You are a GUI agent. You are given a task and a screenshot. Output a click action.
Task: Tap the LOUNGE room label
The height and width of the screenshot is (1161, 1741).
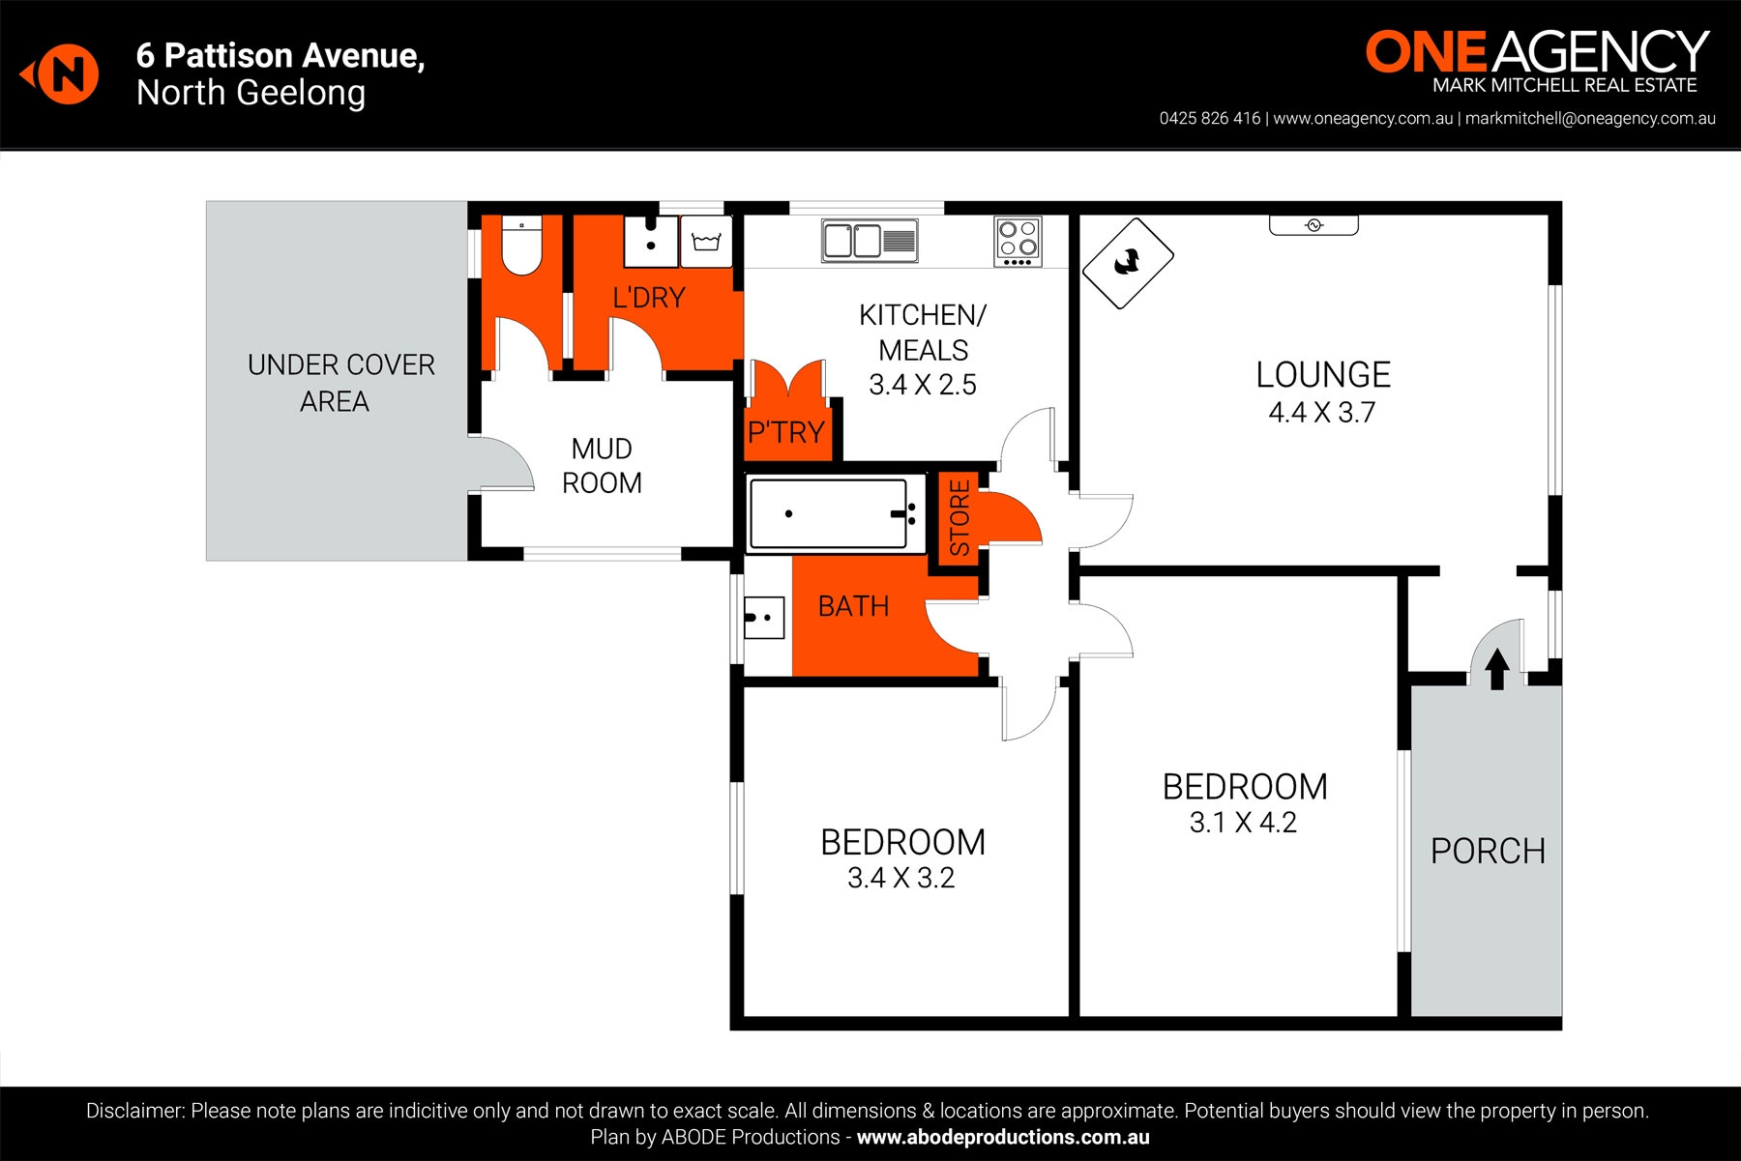[x=1323, y=375]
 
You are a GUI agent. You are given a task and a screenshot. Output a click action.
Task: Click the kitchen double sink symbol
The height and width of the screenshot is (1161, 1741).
[x=870, y=241]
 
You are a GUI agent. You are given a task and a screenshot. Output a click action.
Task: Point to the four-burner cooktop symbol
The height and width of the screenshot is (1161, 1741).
[x=1018, y=241]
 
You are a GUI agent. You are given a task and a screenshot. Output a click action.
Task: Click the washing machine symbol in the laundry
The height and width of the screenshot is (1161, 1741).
[x=706, y=242]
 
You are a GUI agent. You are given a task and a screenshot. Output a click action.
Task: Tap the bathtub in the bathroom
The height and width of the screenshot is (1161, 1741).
[x=829, y=513]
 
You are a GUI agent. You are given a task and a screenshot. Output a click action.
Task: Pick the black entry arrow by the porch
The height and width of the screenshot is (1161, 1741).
[x=1496, y=668]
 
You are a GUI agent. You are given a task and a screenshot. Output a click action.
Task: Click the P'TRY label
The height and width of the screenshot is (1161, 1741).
[x=785, y=432]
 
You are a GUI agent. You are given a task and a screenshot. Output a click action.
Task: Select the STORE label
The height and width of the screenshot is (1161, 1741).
[x=959, y=518]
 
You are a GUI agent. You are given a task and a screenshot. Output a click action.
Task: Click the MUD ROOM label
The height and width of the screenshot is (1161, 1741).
[x=602, y=466]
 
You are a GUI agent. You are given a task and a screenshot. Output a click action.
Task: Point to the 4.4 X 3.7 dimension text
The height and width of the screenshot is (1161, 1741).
[x=1321, y=413]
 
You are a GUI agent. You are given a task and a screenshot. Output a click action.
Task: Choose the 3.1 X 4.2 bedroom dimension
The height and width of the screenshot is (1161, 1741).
[x=1243, y=823]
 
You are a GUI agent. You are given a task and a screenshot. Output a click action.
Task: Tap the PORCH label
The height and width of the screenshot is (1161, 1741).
[x=1488, y=852]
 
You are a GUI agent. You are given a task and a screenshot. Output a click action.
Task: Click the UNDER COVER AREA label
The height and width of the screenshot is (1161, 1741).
[x=339, y=383]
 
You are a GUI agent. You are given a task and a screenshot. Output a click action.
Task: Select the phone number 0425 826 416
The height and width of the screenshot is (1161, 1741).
[x=1209, y=119]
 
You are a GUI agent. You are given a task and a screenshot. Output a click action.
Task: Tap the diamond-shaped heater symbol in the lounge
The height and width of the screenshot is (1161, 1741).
[x=1128, y=263]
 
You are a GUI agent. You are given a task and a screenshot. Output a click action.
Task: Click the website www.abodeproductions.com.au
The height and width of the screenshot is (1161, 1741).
[x=1003, y=1138]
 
